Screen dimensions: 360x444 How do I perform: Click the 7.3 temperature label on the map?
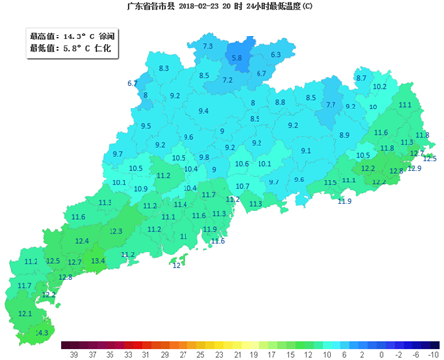pos(207,46)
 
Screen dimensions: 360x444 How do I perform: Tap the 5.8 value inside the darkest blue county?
pos(236,58)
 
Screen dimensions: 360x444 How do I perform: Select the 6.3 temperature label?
pos(276,54)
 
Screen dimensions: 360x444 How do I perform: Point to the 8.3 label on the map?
pos(164,67)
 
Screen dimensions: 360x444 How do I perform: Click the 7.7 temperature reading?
pos(332,104)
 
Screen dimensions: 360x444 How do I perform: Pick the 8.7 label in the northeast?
pos(361,77)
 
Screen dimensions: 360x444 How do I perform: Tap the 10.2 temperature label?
pos(379,87)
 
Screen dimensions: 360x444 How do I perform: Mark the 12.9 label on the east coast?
pos(414,169)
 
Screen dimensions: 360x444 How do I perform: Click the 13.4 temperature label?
pos(98,261)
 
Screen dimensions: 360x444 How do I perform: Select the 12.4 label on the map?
pos(83,241)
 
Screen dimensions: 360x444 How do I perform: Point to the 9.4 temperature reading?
pos(204,111)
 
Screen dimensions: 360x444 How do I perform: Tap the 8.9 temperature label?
pos(344,134)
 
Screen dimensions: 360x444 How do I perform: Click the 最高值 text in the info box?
pos(43,35)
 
